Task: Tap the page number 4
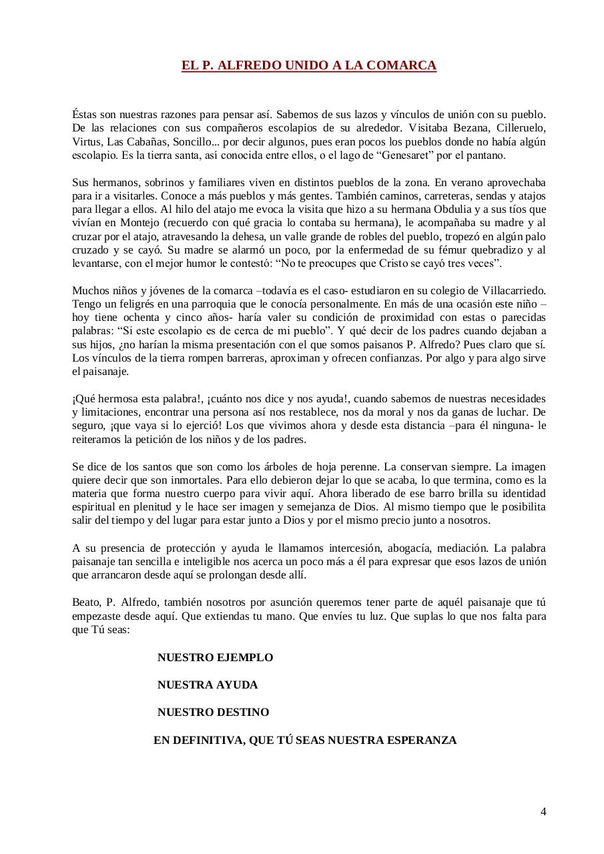[543, 811]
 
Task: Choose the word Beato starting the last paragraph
[85, 602]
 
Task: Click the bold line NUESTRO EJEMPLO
[215, 657]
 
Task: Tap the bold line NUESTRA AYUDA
[208, 685]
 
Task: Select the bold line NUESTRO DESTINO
[213, 712]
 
